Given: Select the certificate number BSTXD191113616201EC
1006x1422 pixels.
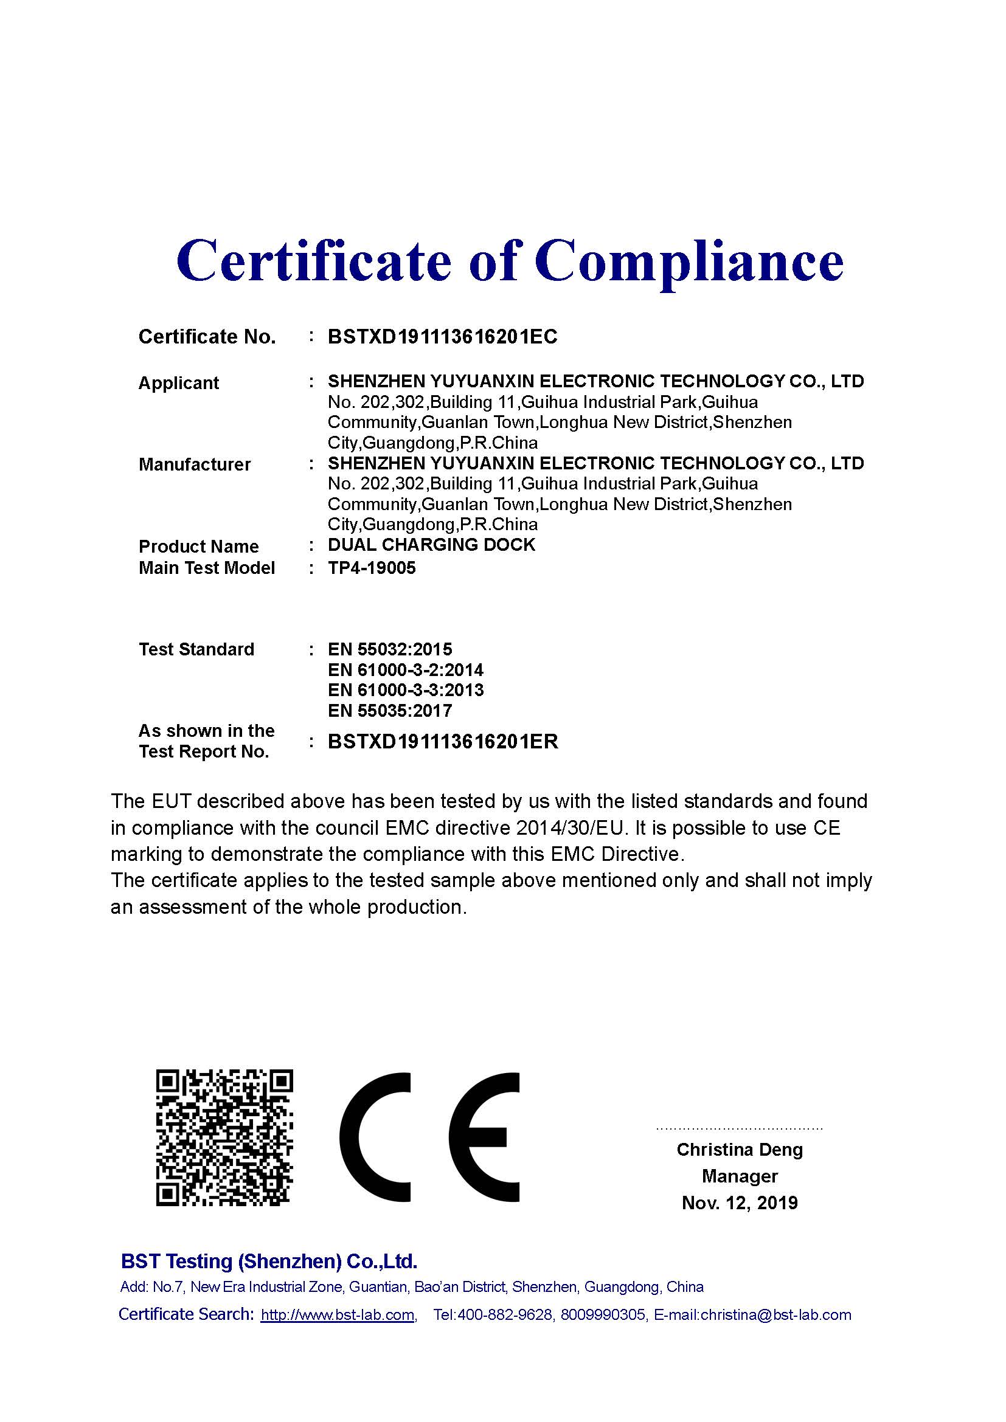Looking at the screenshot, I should pos(442,336).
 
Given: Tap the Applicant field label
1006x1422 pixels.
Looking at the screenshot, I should pos(178,383).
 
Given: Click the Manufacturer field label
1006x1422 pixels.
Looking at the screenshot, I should pos(195,464).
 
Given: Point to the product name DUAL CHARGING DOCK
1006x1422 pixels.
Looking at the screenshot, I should pos(431,545).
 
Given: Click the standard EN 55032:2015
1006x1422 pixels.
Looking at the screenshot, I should pos(390,649).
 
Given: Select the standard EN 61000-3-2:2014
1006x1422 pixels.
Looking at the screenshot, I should pos(405,669).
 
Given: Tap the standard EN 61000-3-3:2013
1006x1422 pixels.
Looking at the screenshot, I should pos(405,690).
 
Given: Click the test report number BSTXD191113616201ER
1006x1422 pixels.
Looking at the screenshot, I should pos(442,741).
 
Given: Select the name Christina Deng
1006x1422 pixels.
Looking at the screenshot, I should pos(739,1150).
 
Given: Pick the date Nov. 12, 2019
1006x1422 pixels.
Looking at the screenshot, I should pos(739,1203).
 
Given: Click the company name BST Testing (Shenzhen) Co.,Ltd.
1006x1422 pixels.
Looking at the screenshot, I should pos(269,1262).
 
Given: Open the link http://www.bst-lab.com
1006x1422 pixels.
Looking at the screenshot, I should pos(338,1315).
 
